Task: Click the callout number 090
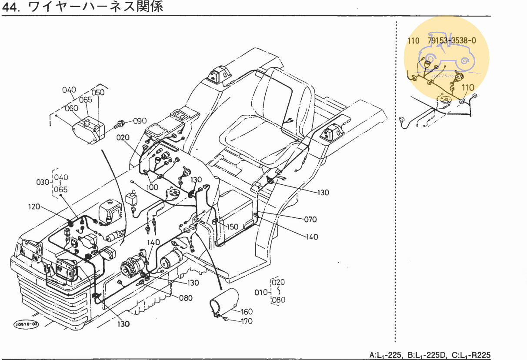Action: pos(140,121)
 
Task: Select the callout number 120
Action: pos(34,207)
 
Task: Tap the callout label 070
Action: pos(310,220)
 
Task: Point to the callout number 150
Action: pos(233,227)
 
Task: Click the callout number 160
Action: pos(246,312)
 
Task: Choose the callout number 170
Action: pos(246,322)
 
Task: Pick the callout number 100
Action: pos(152,187)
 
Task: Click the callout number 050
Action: pos(98,93)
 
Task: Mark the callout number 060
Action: pos(71,108)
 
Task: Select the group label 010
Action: pos(261,292)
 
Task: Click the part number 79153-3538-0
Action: pos(451,40)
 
